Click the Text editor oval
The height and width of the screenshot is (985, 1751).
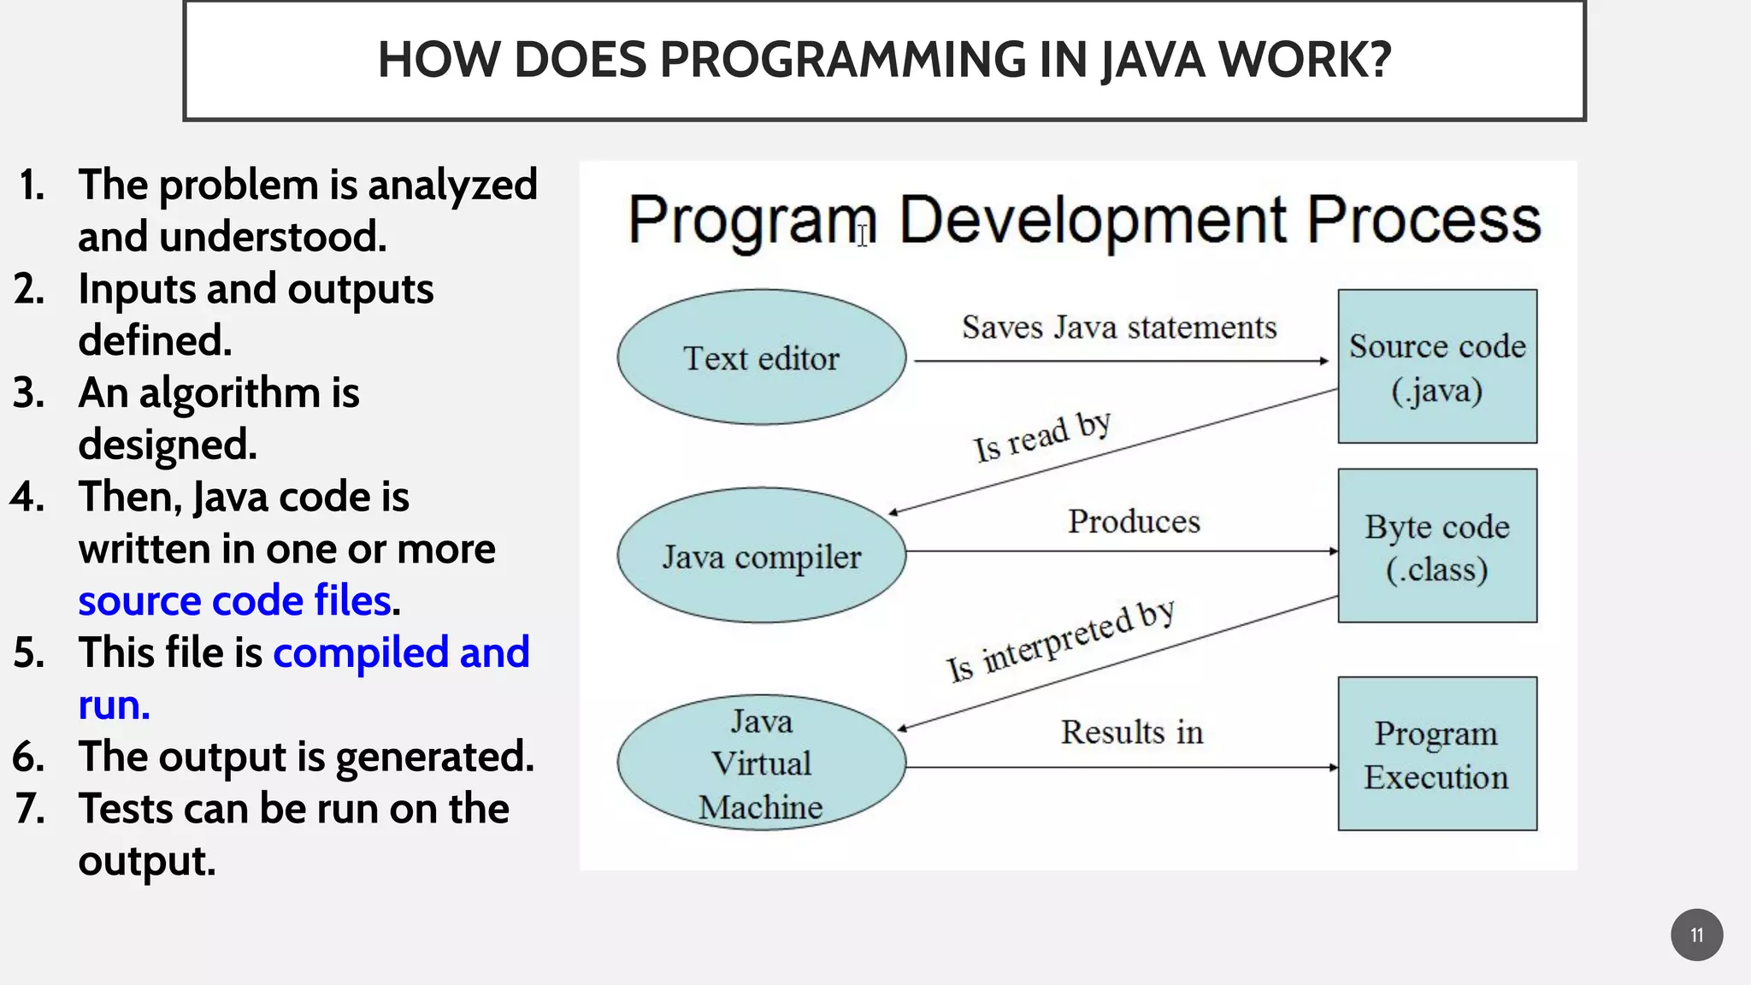click(761, 357)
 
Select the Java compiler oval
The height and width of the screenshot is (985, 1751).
click(761, 557)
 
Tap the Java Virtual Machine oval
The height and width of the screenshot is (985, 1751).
click(761, 764)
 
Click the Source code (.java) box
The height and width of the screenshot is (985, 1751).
click(1437, 367)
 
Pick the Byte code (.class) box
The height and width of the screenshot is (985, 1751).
click(1437, 546)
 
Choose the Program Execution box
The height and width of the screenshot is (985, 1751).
click(1437, 754)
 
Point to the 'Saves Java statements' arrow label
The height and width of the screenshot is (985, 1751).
click(1118, 327)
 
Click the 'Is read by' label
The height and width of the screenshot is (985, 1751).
click(1042, 437)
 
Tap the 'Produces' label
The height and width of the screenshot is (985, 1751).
click(1134, 522)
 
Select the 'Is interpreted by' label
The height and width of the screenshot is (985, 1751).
click(1061, 640)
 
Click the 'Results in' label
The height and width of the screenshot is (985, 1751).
click(1132, 733)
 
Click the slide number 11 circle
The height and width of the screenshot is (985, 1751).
click(1696, 935)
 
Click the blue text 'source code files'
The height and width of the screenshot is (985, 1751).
click(234, 601)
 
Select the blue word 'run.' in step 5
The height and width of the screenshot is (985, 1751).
click(114, 705)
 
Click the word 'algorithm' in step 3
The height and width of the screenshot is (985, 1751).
click(230, 393)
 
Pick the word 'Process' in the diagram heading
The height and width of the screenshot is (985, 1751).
click(1424, 221)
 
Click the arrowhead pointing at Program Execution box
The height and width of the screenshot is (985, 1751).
click(1333, 768)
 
